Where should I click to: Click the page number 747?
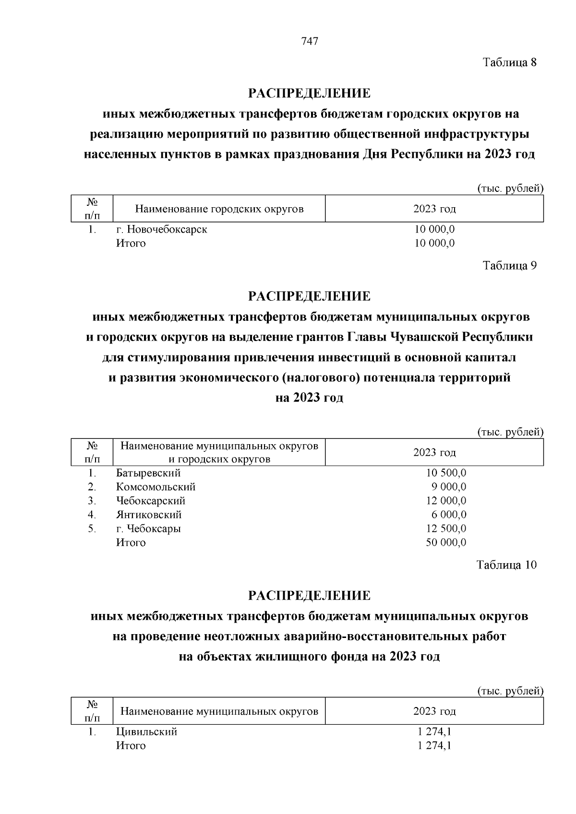pyautogui.click(x=310, y=42)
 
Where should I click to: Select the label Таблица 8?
pyautogui.click(x=509, y=62)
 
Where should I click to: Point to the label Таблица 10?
pyautogui.click(x=506, y=565)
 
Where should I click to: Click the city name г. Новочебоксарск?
pyautogui.click(x=162, y=229)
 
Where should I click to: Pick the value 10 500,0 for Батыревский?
pyautogui.click(x=446, y=473)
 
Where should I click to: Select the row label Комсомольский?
pyautogui.click(x=156, y=487)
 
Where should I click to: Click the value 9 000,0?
pyautogui.click(x=449, y=487)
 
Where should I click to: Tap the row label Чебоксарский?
pyautogui.click(x=151, y=501)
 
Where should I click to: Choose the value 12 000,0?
pyautogui.click(x=446, y=501)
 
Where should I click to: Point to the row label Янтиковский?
pyautogui.click(x=149, y=515)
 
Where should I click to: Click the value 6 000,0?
pyautogui.click(x=449, y=515)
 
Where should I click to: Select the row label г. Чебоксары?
pyautogui.click(x=148, y=529)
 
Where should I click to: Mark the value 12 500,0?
pyautogui.click(x=446, y=529)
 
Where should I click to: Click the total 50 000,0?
pyautogui.click(x=446, y=543)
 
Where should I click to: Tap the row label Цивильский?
pyautogui.click(x=147, y=731)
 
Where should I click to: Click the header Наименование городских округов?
pyautogui.click(x=219, y=209)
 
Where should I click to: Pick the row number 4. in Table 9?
pyautogui.click(x=92, y=515)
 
